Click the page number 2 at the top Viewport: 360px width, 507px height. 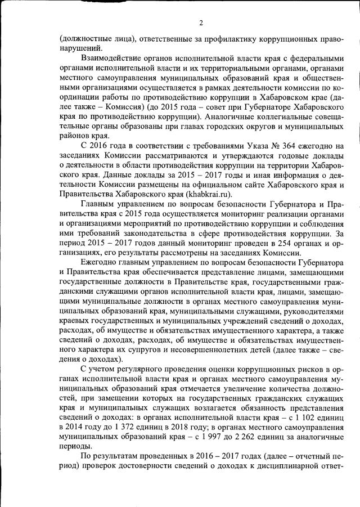(200, 23)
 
